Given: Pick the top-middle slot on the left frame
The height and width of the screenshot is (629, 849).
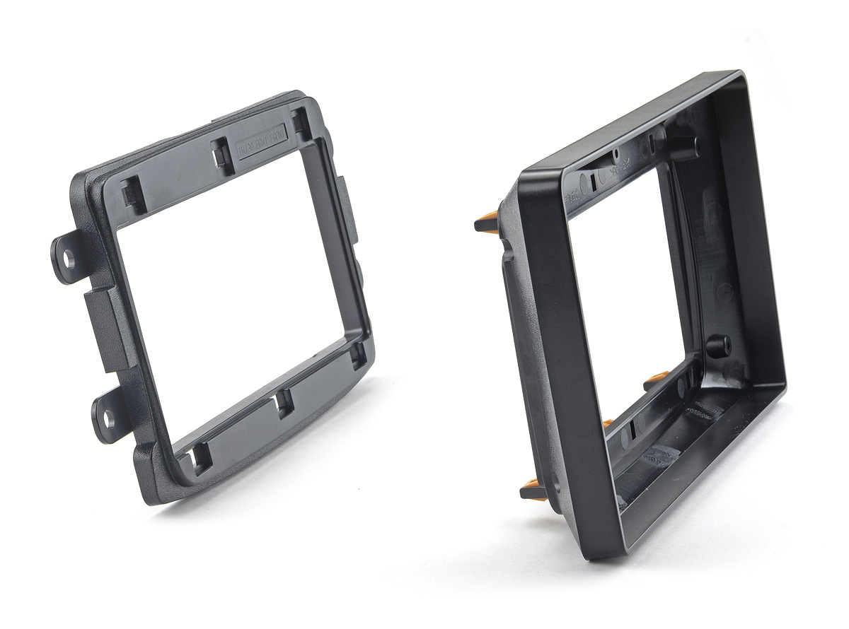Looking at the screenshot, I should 223,155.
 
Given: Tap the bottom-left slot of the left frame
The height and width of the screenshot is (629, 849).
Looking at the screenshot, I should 199,458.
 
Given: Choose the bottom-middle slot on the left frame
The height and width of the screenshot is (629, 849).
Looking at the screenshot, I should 284,401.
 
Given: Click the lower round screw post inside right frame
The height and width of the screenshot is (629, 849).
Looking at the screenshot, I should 717,346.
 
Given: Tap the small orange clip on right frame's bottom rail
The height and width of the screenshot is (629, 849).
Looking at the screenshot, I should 606,424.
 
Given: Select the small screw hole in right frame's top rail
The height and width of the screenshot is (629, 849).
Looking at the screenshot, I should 616,153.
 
